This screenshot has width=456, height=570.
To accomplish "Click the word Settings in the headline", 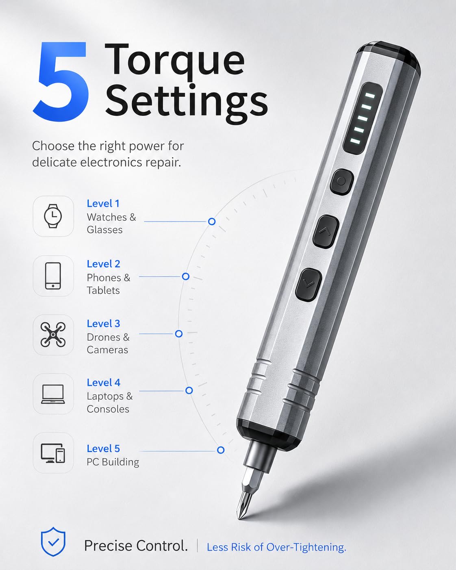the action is click(x=187, y=104).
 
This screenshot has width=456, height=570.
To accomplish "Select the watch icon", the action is click(x=53, y=216).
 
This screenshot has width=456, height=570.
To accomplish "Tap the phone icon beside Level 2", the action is click(x=53, y=276).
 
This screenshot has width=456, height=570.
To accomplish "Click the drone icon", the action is click(x=53, y=335).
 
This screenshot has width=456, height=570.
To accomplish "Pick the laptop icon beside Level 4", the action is click(x=53, y=394).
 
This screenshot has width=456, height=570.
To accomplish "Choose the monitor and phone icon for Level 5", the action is click(x=53, y=453).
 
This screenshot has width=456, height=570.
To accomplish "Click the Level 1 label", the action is click(x=103, y=203).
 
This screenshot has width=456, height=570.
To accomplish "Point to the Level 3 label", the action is click(x=104, y=323).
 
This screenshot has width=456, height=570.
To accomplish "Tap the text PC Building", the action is click(x=113, y=462).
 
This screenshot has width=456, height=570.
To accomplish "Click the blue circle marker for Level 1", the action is click(x=212, y=222).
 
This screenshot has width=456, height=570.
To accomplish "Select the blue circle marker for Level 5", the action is click(x=221, y=450).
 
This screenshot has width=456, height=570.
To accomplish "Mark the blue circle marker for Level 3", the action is click(x=179, y=334).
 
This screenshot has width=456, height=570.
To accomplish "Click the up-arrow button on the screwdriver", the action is click(x=326, y=232).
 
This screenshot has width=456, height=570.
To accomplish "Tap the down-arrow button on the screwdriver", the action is click(x=308, y=285).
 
